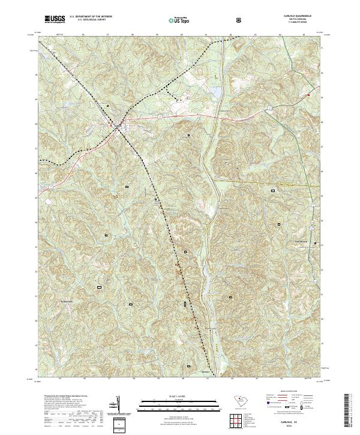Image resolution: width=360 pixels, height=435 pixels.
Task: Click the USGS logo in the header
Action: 55,20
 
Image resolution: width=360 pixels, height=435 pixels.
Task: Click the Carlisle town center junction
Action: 118,125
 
